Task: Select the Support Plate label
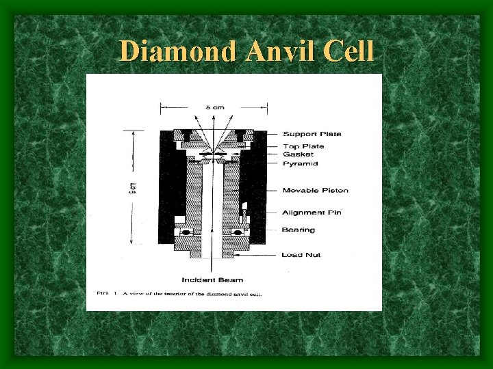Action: pyautogui.click(x=312, y=134)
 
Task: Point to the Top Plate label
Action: pyautogui.click(x=303, y=146)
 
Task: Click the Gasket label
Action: pyautogui.click(x=298, y=154)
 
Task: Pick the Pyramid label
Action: pyautogui.click(x=300, y=164)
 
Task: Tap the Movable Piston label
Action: pyautogui.click(x=315, y=190)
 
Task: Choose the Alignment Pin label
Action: pyautogui.click(x=312, y=213)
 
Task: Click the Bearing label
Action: pyautogui.click(x=299, y=230)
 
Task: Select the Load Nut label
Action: pyautogui.click(x=301, y=255)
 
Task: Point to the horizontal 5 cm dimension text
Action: pyautogui.click(x=213, y=107)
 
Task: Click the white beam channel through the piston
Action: pyautogui.click(x=212, y=205)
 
